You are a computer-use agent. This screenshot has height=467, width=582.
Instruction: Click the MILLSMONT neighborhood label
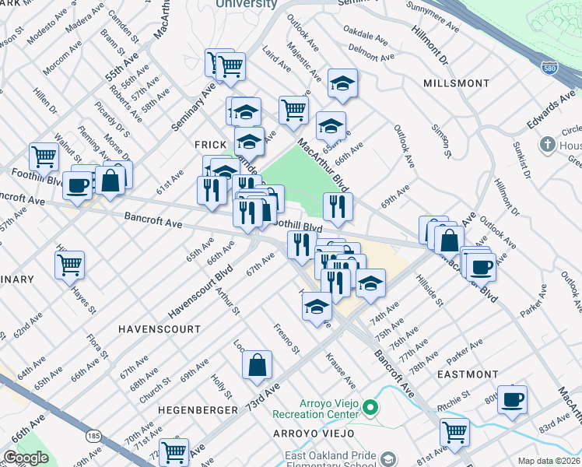457,83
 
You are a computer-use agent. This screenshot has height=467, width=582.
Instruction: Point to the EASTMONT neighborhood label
468,374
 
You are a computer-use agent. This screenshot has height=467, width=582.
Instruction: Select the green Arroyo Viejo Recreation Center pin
371,407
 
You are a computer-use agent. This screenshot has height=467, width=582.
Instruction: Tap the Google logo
26,458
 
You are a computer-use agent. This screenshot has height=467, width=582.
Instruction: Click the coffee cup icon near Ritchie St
512,399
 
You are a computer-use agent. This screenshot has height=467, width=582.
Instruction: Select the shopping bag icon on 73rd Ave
257,364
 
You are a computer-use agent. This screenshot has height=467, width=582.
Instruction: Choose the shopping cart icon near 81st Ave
454,430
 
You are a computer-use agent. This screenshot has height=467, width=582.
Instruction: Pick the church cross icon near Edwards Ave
548,145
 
